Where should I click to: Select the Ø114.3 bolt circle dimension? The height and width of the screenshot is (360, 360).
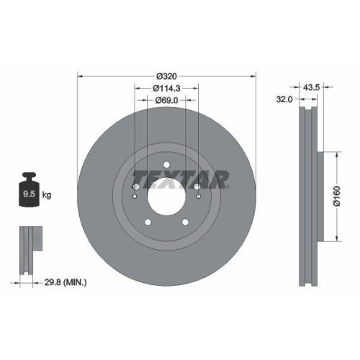tap(166, 88)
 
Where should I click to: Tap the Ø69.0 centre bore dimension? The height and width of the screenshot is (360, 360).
tap(166, 102)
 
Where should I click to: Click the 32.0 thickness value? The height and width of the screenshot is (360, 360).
tap(284, 101)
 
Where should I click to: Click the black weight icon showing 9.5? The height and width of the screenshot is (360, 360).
tap(29, 191)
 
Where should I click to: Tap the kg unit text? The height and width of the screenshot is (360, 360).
tap(48, 194)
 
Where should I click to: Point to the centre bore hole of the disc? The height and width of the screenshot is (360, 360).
tap(166, 193)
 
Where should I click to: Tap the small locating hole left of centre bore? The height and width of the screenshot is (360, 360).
tap(136, 195)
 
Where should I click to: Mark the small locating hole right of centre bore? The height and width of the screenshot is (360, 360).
tap(197, 195)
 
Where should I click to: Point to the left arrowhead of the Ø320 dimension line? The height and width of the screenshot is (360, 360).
tap(80, 74)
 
